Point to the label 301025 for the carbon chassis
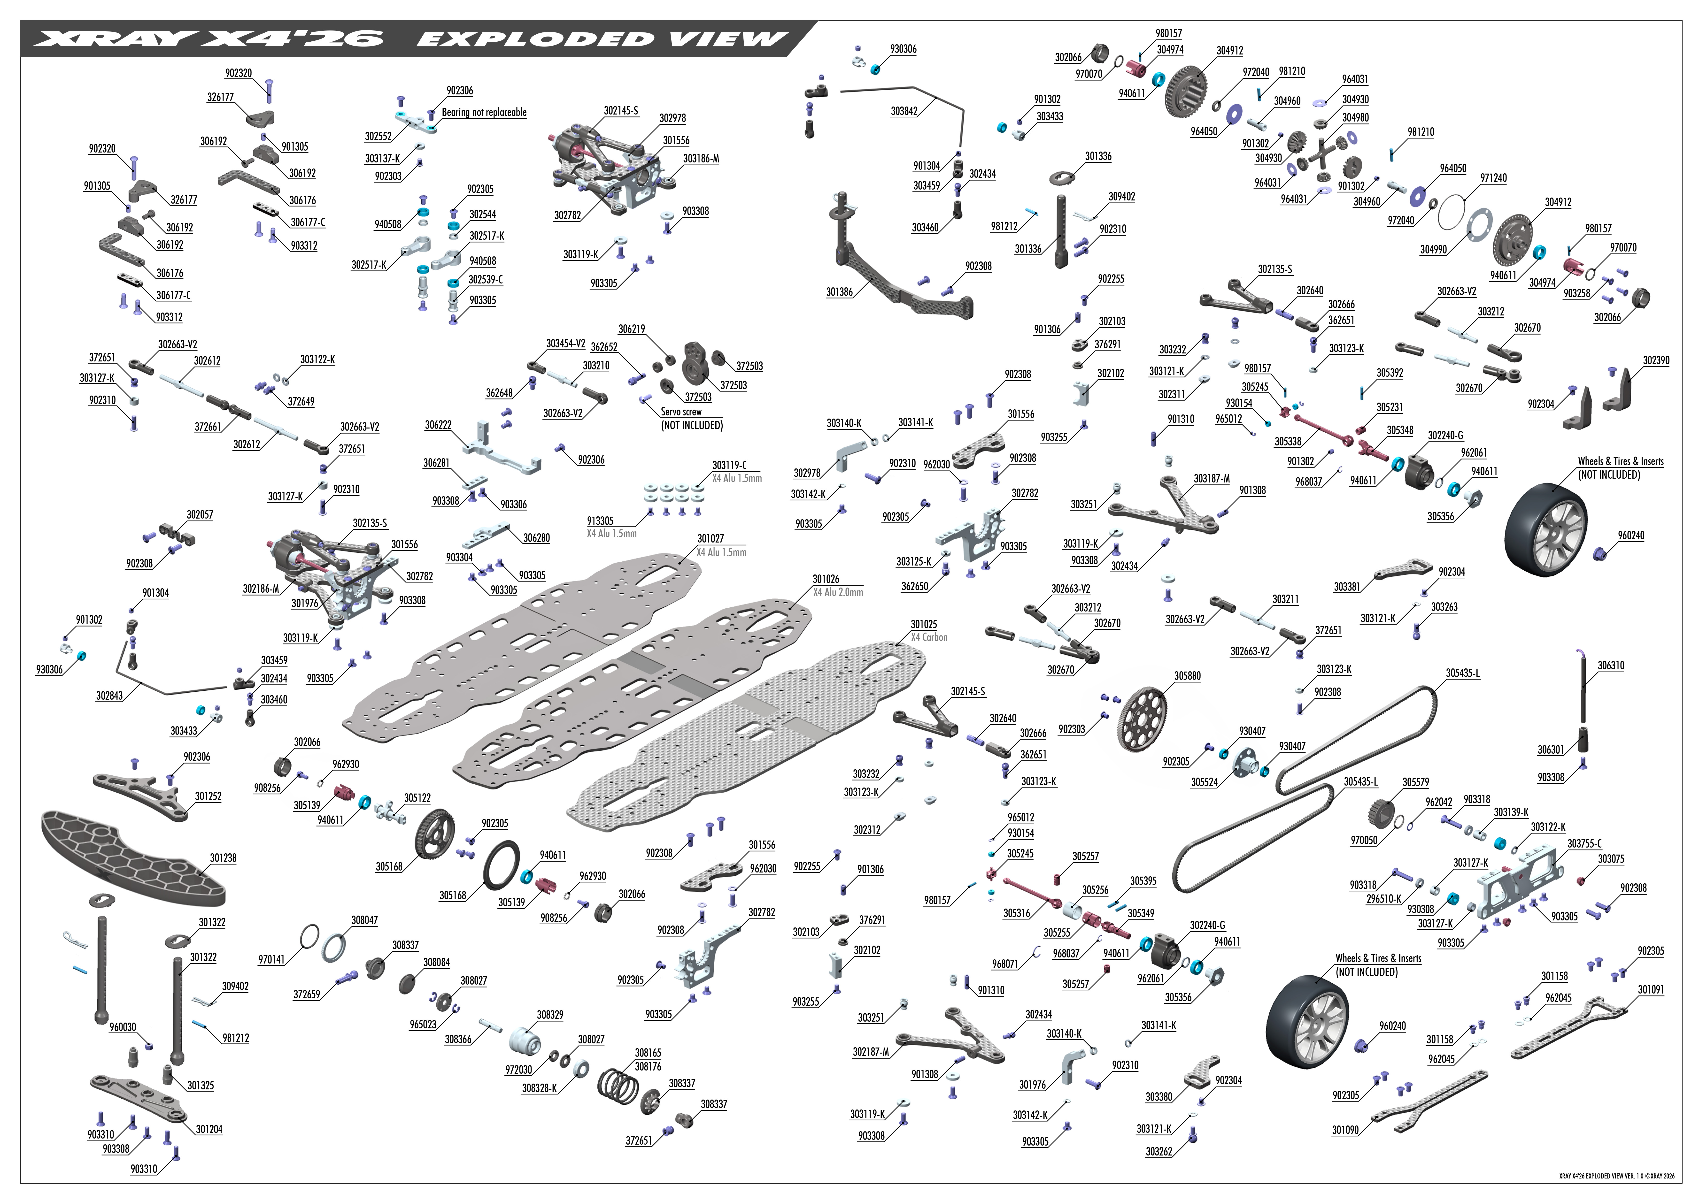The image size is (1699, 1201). click(924, 625)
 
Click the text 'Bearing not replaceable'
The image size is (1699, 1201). click(484, 113)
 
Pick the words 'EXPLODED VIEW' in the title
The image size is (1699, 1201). click(601, 38)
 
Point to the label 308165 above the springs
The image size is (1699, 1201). click(648, 1052)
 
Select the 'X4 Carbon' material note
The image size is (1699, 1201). click(929, 637)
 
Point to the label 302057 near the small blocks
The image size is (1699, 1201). click(200, 514)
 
